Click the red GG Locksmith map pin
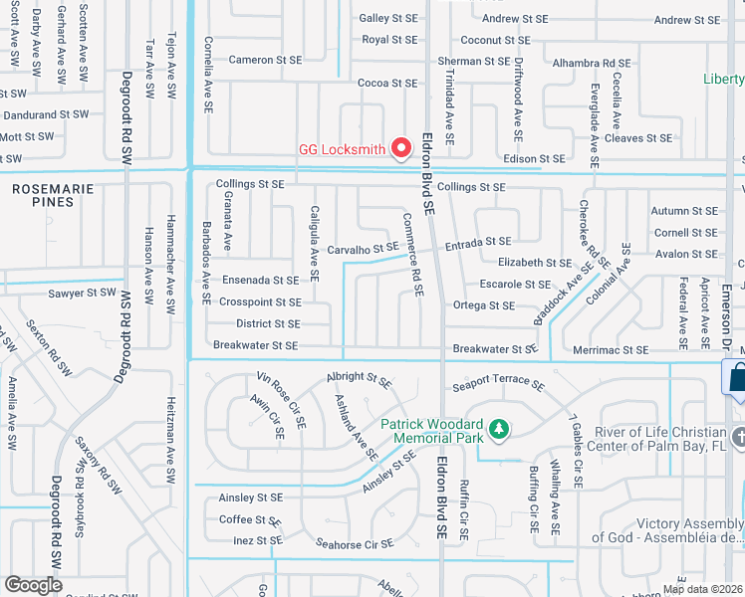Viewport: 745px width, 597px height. point(402,147)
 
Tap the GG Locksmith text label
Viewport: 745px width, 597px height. point(342,150)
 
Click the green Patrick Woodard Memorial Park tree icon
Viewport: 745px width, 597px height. point(497,430)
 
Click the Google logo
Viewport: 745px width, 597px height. point(33,584)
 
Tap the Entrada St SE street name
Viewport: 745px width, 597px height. point(478,242)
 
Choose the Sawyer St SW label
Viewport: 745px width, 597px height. point(82,294)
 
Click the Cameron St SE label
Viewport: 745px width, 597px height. point(265,60)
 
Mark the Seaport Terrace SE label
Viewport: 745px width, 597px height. point(498,384)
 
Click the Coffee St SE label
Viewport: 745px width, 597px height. point(250,519)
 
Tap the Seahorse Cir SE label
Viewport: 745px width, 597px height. point(356,543)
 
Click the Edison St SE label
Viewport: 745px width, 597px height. point(535,158)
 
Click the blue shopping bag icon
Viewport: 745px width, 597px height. point(735,376)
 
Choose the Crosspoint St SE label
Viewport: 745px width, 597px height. point(260,301)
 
